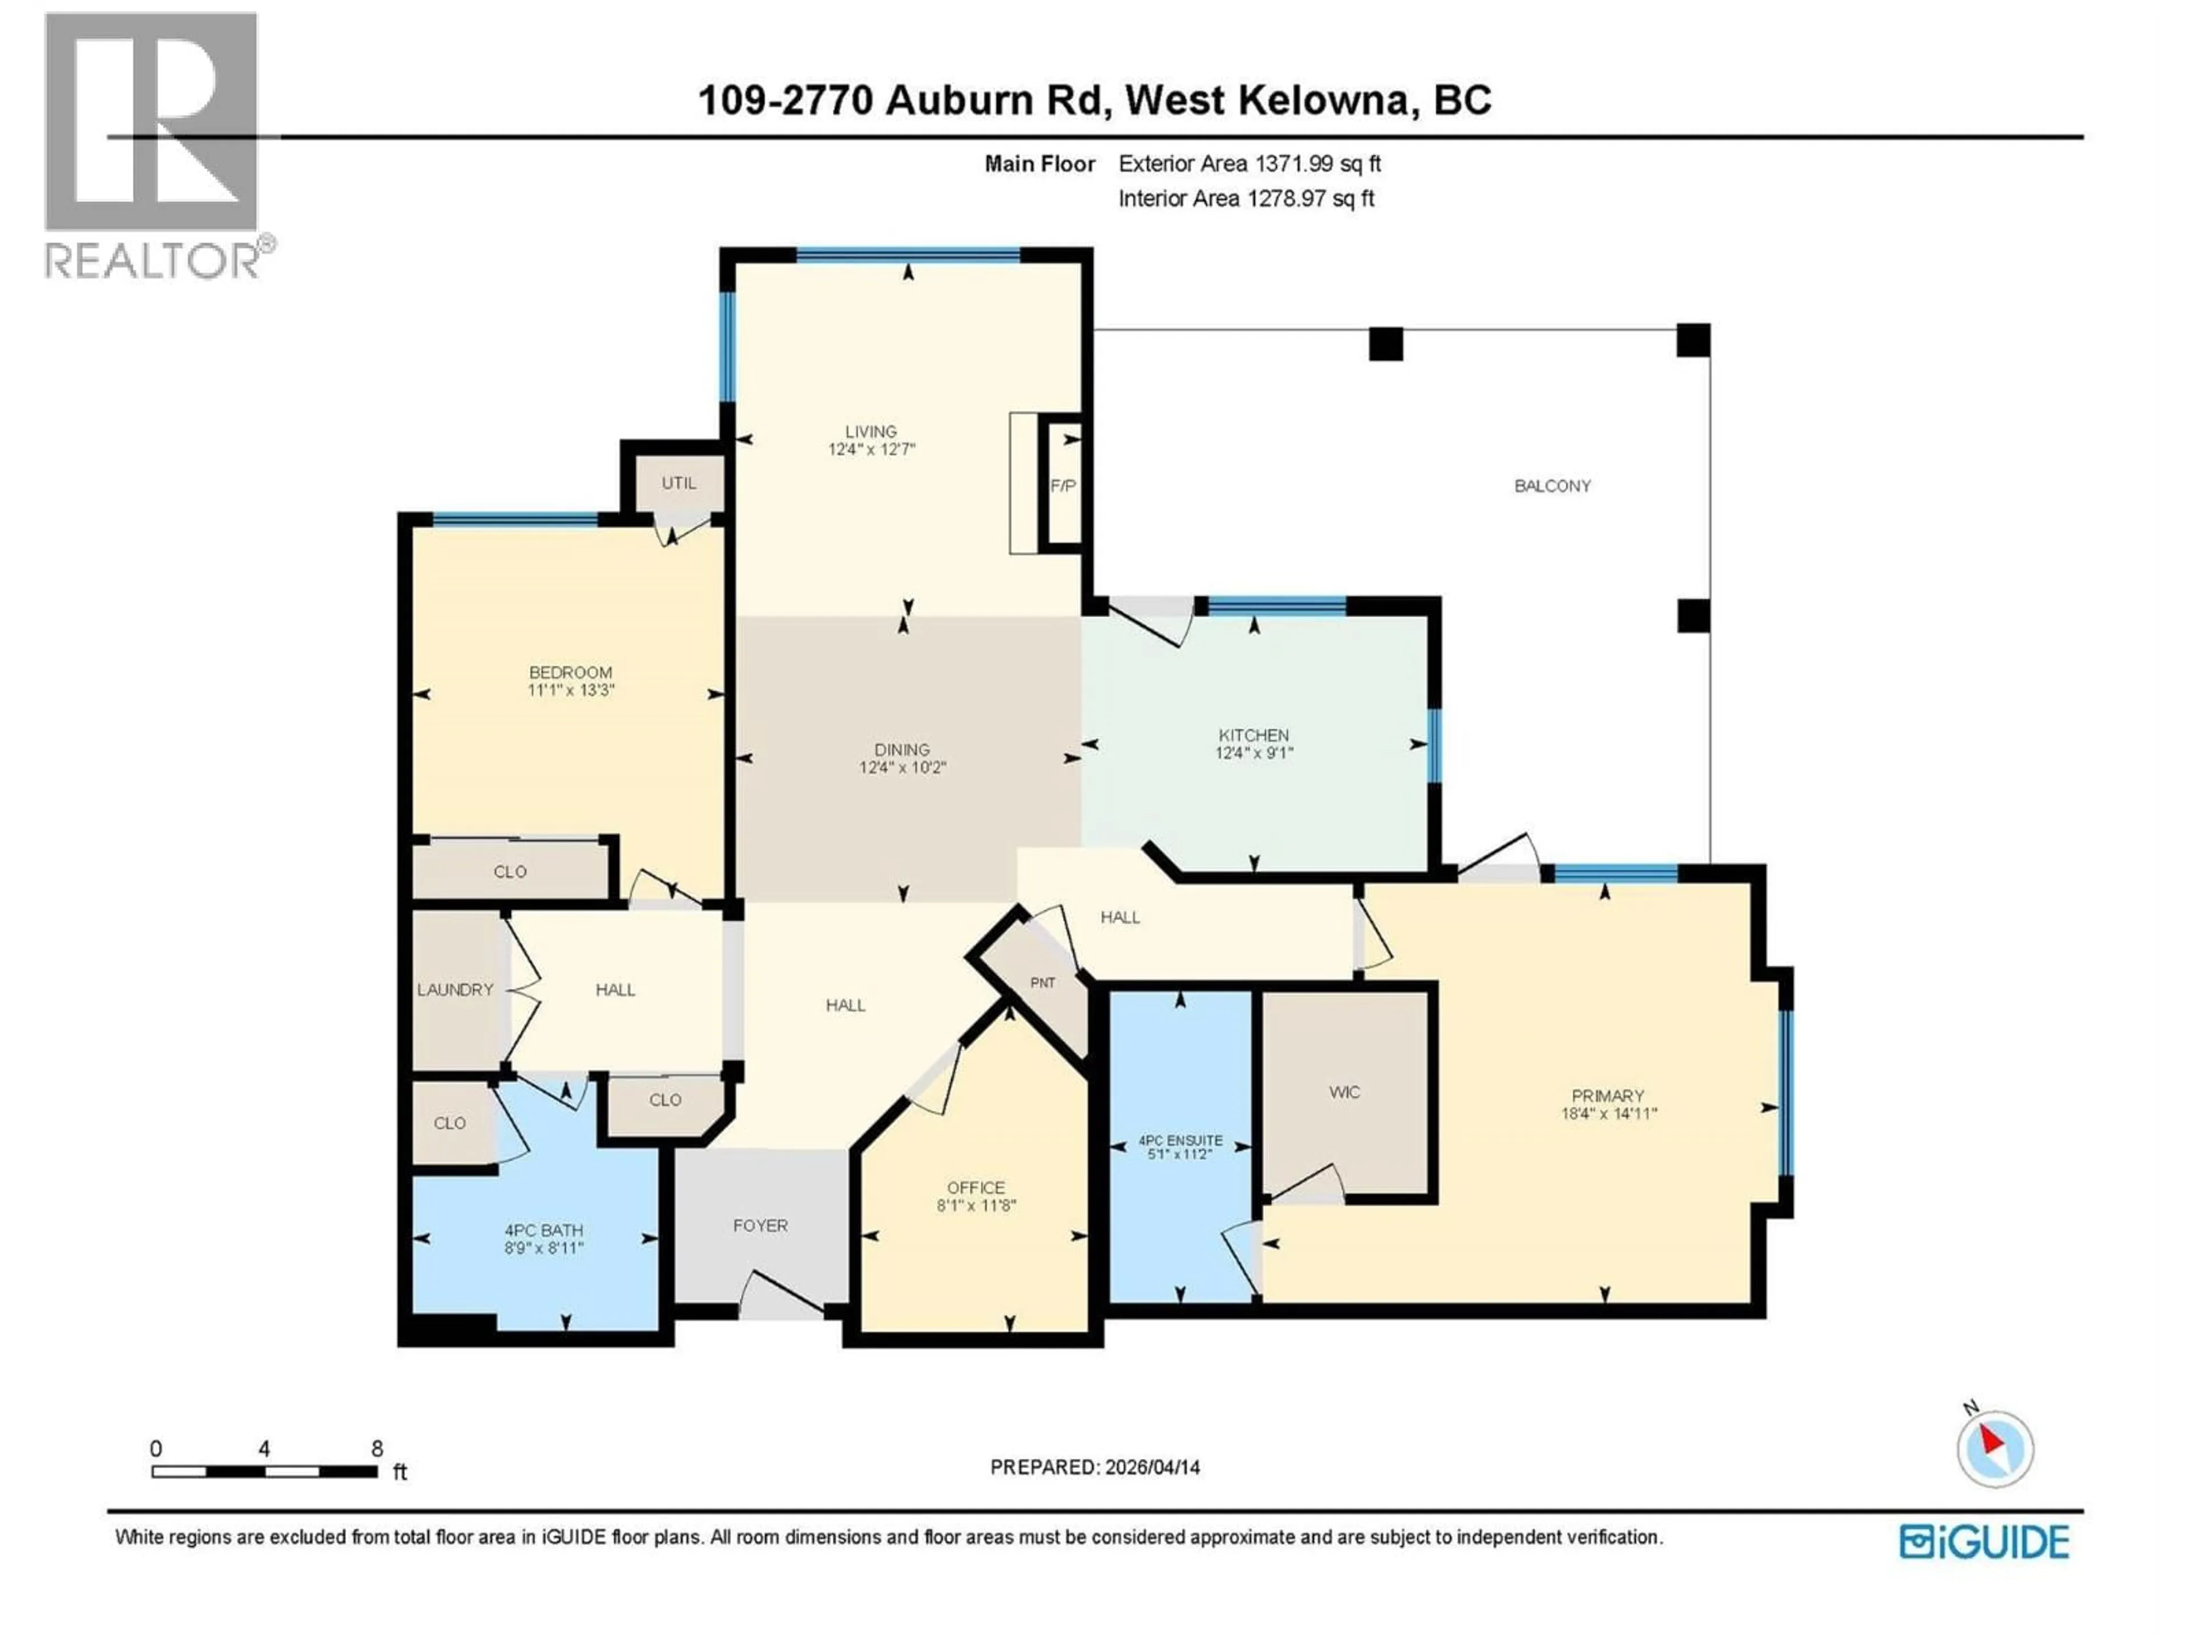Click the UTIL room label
point(679,483)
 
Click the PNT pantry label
point(1042,983)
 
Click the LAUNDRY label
point(455,990)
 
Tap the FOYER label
point(760,1226)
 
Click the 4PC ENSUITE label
point(1180,1141)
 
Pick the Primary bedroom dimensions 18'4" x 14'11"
point(1609,1114)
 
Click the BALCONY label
point(1552,486)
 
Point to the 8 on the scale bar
point(377,1449)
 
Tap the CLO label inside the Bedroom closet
point(510,872)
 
